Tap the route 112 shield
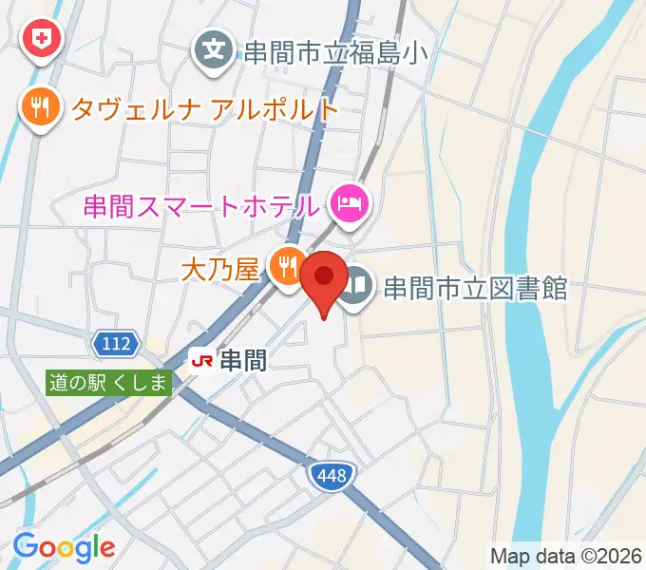tap(119, 341)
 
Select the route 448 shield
tap(332, 472)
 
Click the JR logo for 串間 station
tap(201, 360)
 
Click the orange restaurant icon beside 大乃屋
tap(285, 266)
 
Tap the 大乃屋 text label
tap(220, 271)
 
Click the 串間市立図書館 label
tap(475, 287)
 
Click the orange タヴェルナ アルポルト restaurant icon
tap(39, 105)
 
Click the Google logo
tap(64, 547)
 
